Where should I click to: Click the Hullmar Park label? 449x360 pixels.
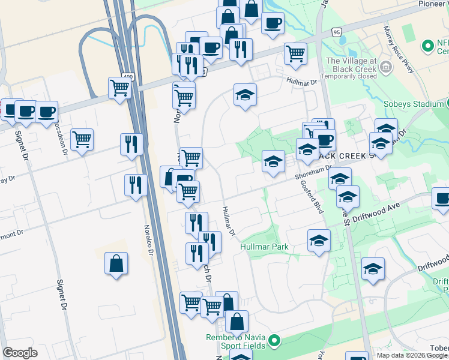(x=264, y=247)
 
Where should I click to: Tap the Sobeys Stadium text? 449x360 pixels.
(x=414, y=104)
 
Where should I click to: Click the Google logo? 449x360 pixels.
(x=20, y=353)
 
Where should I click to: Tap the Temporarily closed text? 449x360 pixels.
(x=351, y=77)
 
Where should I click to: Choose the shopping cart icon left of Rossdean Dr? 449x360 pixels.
(x=82, y=139)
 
